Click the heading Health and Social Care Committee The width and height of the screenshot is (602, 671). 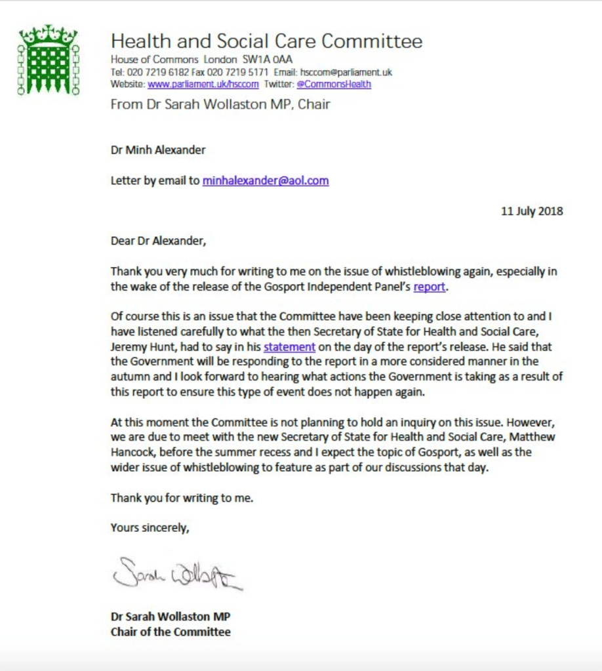click(266, 41)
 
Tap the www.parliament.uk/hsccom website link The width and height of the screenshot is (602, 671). click(203, 84)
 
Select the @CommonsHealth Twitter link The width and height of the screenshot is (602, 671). click(334, 84)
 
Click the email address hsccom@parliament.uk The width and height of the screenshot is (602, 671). click(346, 72)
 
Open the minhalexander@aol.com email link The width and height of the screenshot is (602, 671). click(266, 180)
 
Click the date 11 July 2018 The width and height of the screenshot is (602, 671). click(532, 211)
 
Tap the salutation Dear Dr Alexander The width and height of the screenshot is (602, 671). click(158, 241)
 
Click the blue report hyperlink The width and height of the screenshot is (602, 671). click(429, 286)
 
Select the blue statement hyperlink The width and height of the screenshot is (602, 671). click(289, 346)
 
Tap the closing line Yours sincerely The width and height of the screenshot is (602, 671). click(150, 527)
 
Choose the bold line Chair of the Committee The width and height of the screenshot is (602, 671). click(171, 632)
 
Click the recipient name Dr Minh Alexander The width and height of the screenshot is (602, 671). click(158, 150)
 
